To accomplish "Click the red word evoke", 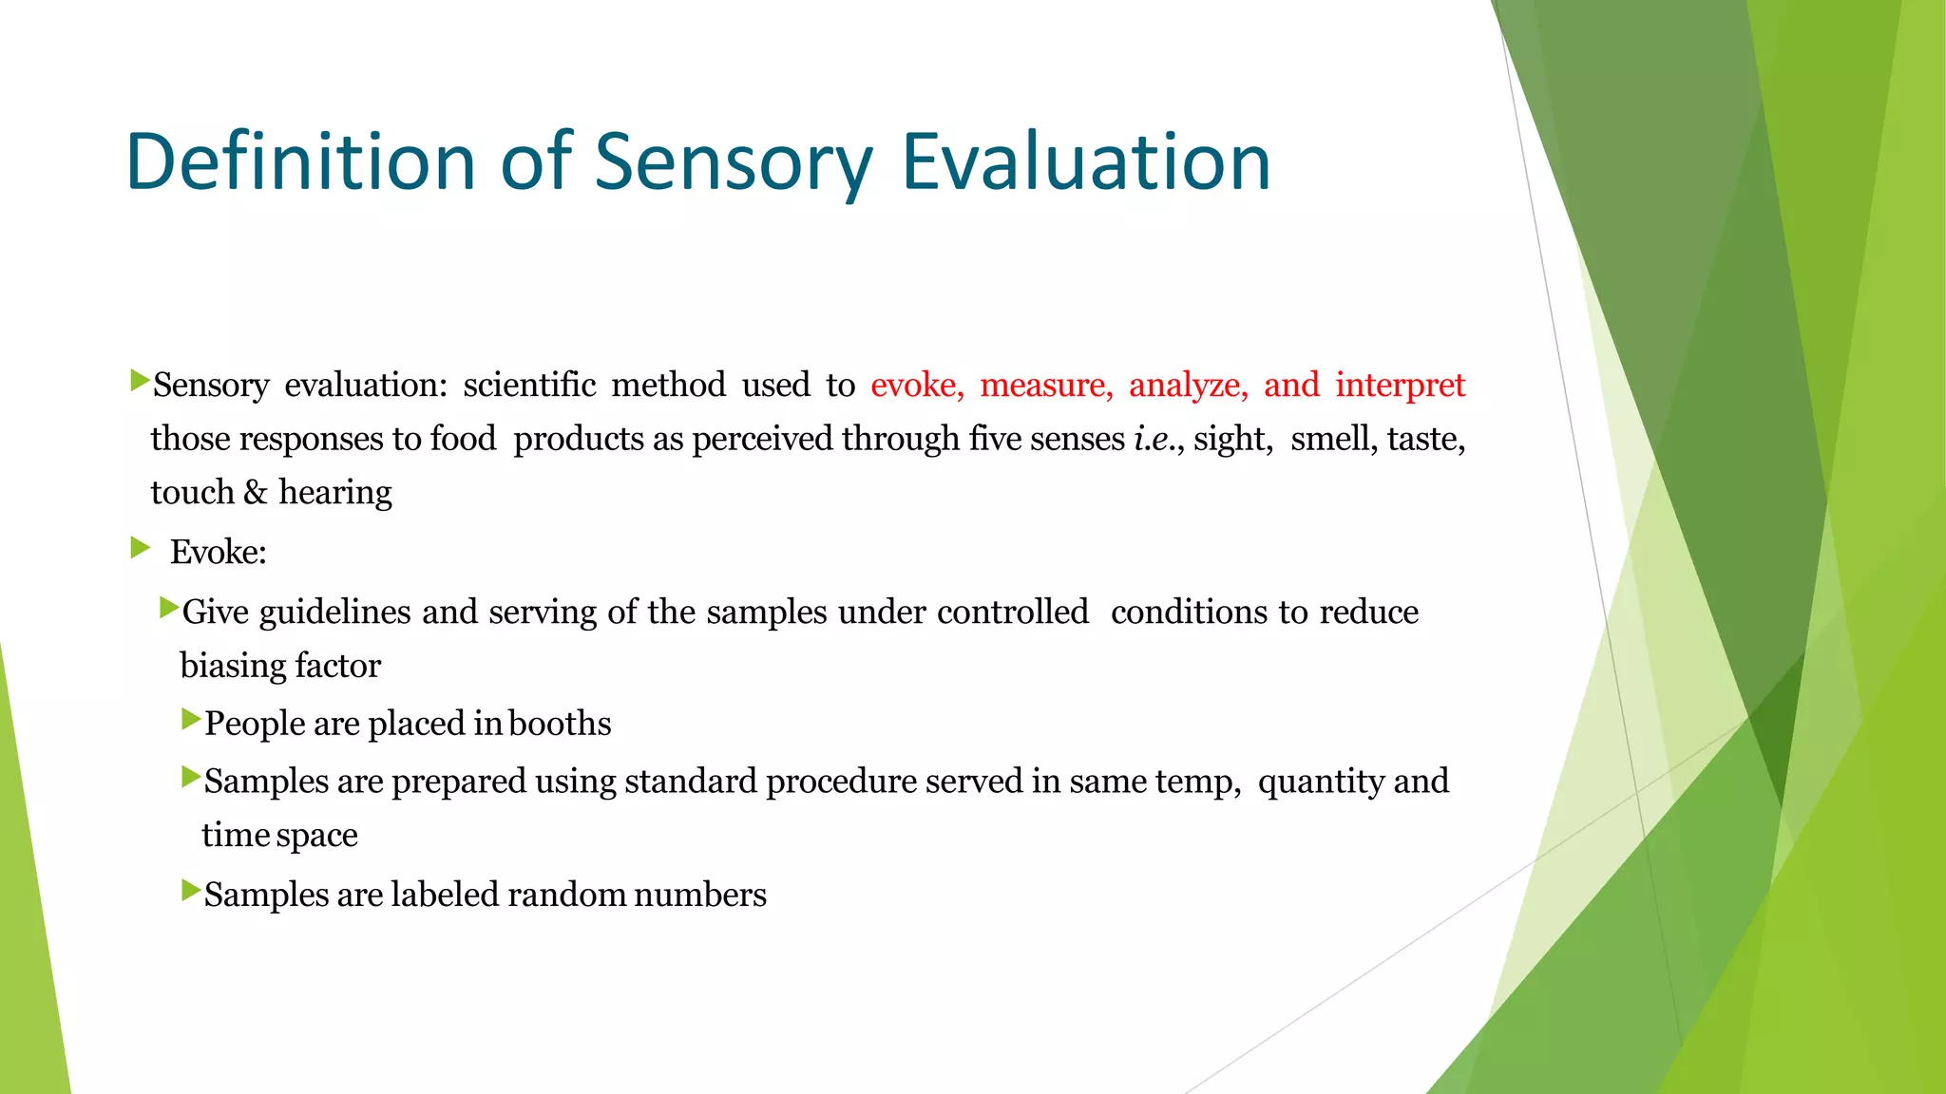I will pos(916,385).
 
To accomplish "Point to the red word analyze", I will pos(1187,385).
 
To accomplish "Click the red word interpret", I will pos(1400,385).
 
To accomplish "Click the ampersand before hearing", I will pos(256,492).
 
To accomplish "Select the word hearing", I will pos(334,493).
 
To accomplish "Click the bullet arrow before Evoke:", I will pos(141,547).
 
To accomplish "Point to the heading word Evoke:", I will pos(219,552).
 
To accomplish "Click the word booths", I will pos(560,724).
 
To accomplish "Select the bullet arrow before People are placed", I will pos(191,719).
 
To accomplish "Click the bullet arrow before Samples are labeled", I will pos(191,890).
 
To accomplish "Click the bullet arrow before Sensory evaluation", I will pos(141,381).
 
